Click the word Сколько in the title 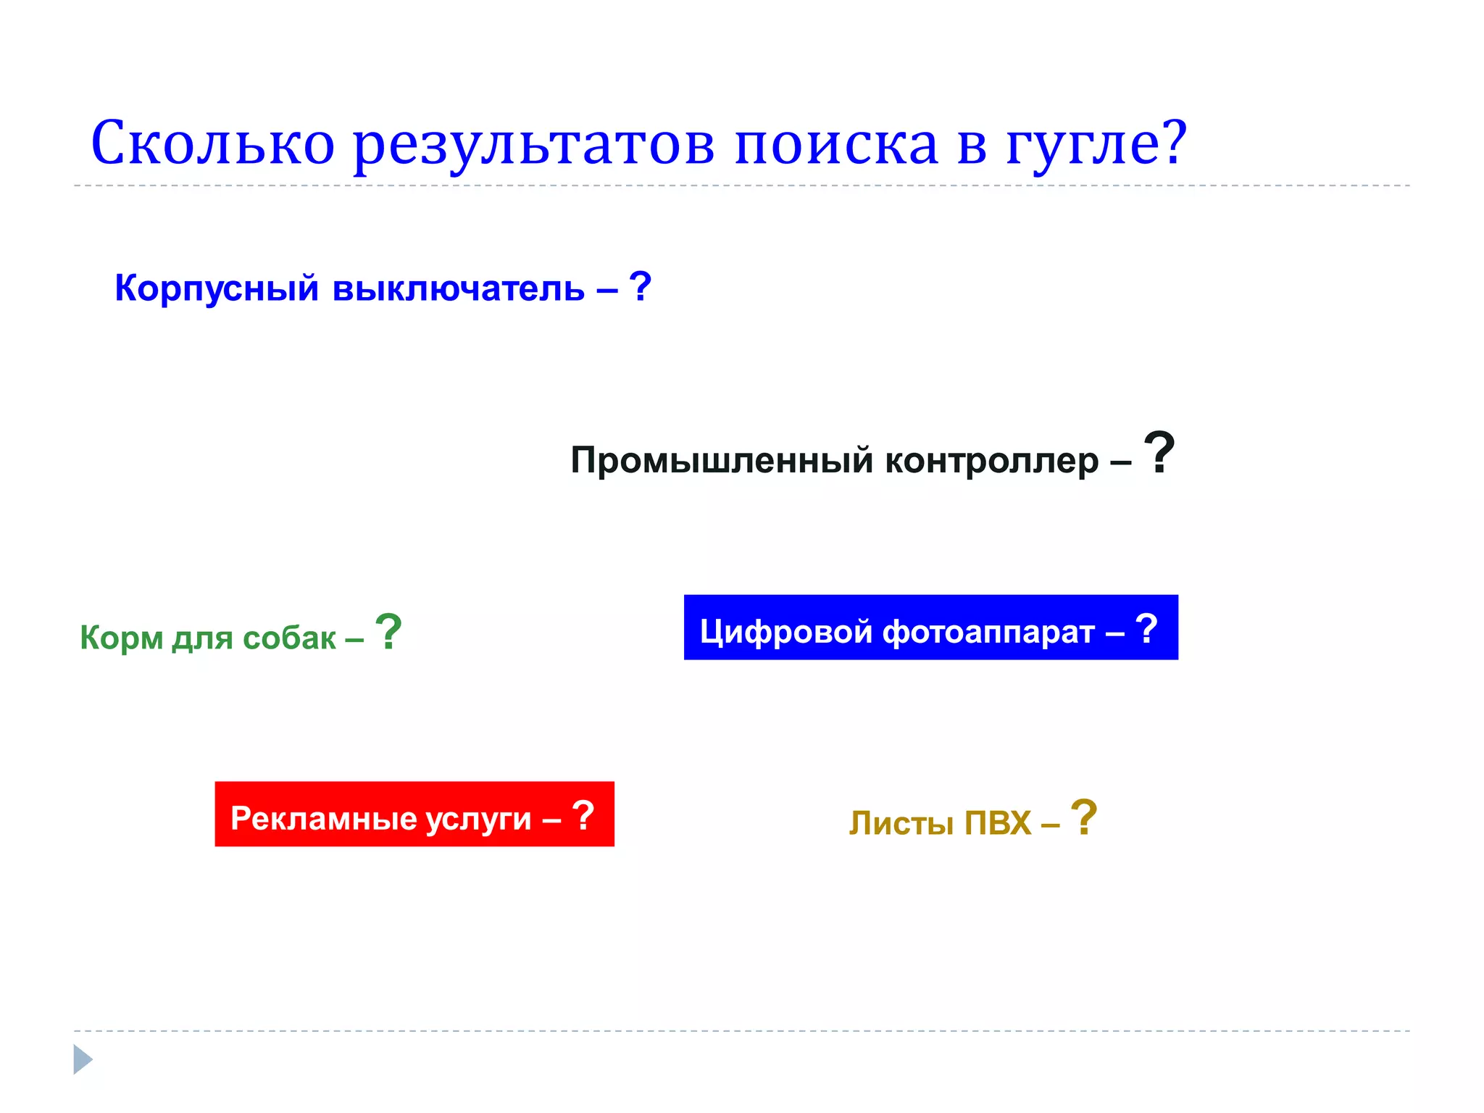point(212,143)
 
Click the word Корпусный point(217,288)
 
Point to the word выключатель point(458,288)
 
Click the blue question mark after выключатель point(640,286)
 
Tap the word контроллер point(991,460)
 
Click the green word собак point(289,638)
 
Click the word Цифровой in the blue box point(786,631)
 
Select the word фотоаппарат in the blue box point(988,631)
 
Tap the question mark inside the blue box point(1146,628)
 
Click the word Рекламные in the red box point(324,818)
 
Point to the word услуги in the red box point(478,820)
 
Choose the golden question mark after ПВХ point(1084,817)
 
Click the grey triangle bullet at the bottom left point(83,1059)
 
